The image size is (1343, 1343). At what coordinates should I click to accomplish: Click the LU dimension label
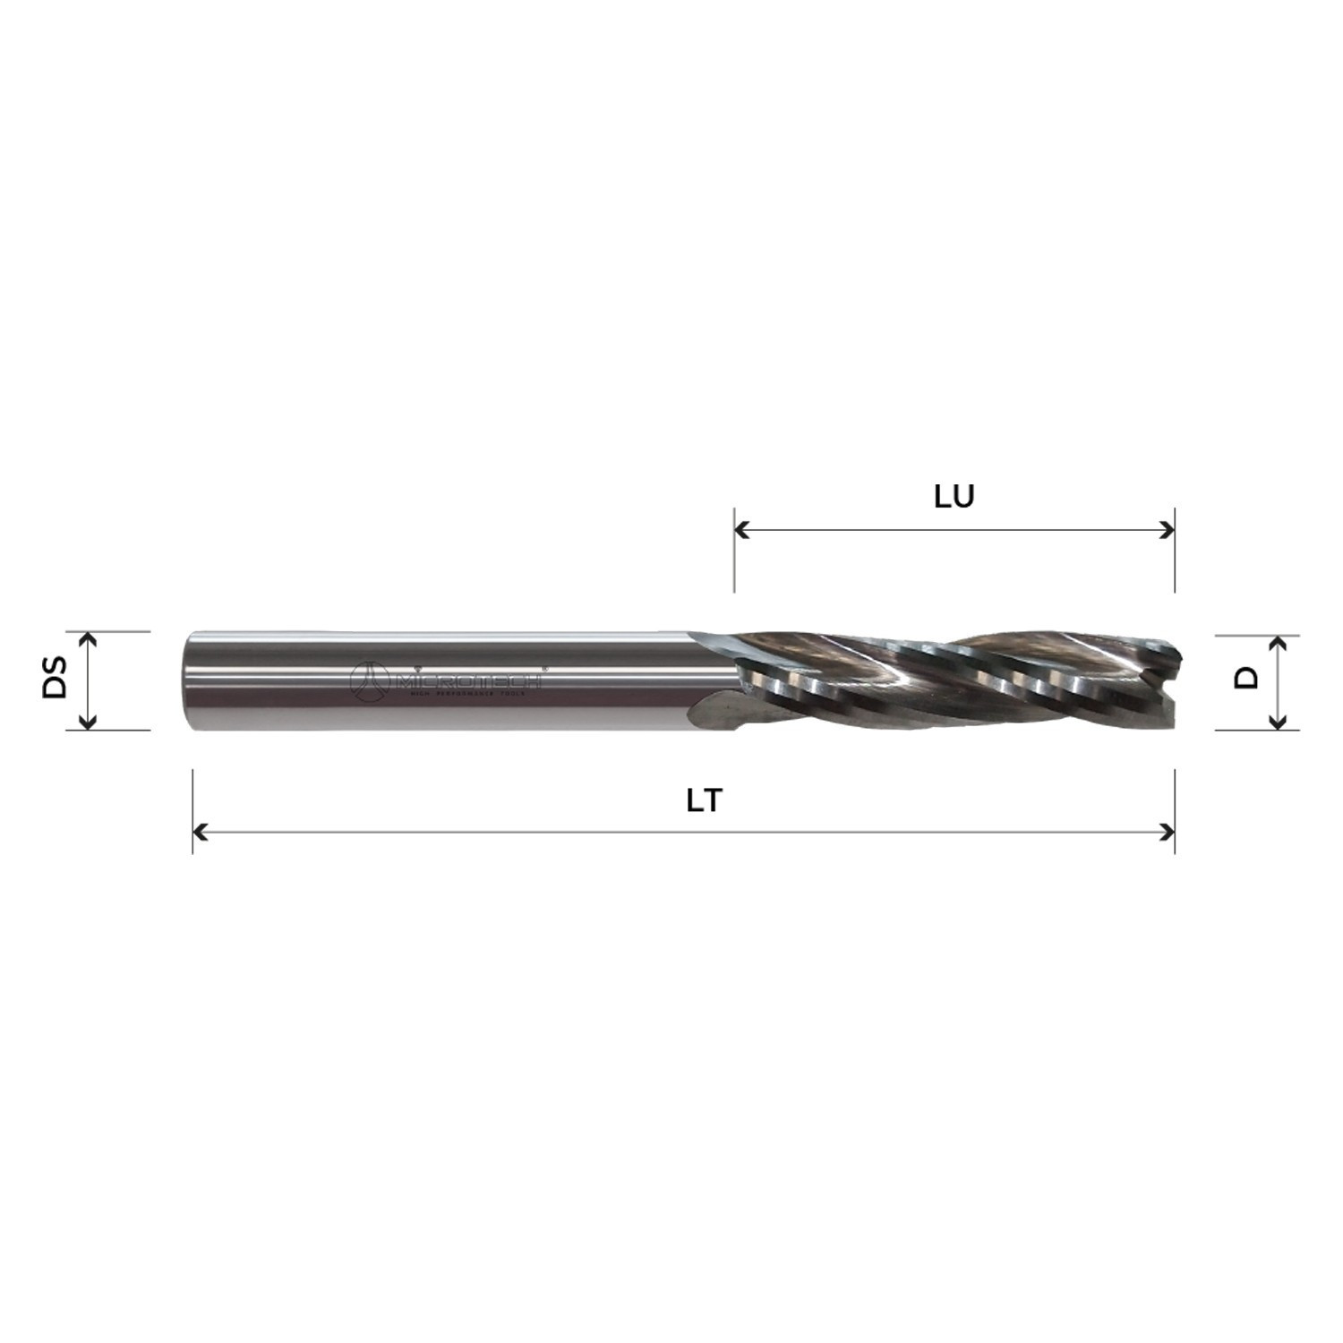[x=954, y=497]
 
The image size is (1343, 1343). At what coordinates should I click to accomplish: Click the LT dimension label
[x=704, y=800]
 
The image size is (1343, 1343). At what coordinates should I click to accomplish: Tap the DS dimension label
[x=56, y=678]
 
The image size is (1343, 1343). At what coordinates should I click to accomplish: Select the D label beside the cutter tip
[x=1245, y=678]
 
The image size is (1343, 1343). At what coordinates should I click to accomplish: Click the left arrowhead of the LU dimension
[x=740, y=530]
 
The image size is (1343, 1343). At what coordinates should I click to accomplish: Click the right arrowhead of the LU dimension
[x=1168, y=530]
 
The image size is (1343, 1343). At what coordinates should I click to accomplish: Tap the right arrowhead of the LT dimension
[x=1168, y=833]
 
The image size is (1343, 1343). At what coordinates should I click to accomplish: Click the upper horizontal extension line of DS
[x=116, y=631]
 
